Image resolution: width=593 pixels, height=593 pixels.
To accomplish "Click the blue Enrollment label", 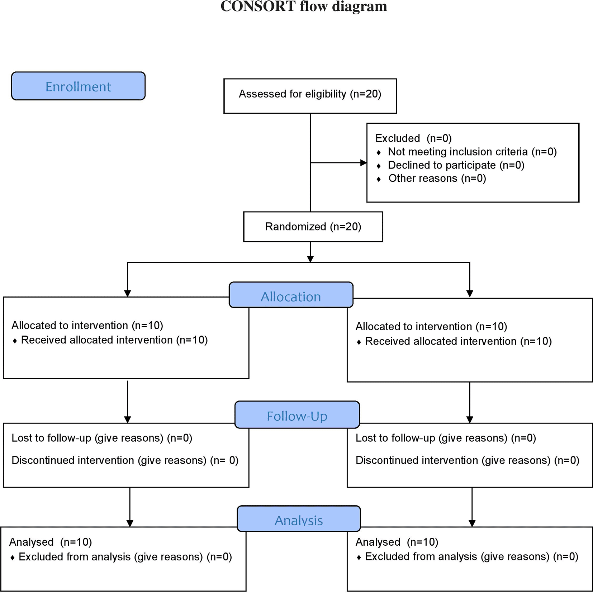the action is [78, 86].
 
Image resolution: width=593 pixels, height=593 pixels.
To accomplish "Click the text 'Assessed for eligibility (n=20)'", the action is [310, 94].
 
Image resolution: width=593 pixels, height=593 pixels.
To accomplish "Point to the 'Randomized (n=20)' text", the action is [313, 227].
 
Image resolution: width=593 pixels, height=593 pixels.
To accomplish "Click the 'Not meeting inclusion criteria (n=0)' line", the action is [472, 152].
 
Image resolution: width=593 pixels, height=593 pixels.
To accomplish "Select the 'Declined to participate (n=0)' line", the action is [456, 165].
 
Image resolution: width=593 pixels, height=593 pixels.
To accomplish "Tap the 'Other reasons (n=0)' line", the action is [437, 179].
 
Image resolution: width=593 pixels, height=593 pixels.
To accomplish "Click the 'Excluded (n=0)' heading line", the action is [413, 138].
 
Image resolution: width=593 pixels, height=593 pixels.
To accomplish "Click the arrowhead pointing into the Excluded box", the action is [364, 163].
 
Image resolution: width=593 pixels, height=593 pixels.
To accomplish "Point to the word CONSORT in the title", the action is [258, 6].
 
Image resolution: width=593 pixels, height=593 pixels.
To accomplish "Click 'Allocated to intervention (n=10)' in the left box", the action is [87, 326].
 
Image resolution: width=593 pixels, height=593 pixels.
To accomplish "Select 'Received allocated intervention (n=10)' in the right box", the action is [458, 341].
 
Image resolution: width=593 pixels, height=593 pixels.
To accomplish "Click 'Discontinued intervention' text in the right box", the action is [417, 460].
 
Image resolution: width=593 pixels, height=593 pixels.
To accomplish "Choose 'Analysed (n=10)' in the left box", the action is [51, 542].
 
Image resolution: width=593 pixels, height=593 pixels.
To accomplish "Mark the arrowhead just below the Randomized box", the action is [310, 259].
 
